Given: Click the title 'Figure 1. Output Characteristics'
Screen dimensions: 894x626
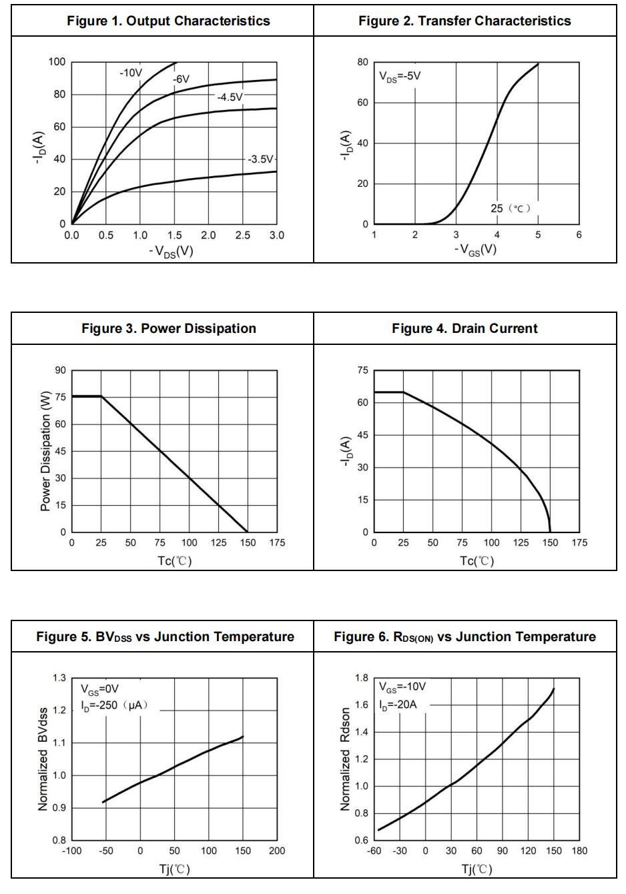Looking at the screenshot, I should (168, 21).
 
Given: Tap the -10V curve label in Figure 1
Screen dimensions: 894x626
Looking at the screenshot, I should (131, 72).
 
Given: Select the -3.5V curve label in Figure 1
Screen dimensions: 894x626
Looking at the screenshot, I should (260, 159).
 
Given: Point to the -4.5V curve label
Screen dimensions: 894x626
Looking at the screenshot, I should (230, 97).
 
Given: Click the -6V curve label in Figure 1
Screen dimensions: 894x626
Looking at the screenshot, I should (181, 79).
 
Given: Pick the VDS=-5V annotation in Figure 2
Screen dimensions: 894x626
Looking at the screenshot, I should (400, 76).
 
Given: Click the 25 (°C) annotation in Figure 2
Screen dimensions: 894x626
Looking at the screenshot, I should (511, 208).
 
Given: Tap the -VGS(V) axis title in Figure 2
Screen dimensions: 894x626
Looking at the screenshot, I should (475, 250).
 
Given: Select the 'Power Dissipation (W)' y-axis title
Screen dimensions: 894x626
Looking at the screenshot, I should (45, 451).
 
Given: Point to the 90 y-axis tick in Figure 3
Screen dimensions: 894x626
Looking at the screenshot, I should (61, 370).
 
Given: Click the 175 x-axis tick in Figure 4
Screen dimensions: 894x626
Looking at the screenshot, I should (579, 543).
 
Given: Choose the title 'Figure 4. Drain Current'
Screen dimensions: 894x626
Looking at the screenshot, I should (464, 328).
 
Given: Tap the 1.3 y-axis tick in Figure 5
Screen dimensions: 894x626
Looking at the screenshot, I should (59, 678).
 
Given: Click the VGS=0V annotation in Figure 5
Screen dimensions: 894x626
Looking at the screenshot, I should (100, 689).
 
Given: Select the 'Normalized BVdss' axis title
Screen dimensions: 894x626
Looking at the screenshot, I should (43, 760).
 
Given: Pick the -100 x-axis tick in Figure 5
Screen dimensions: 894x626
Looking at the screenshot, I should (71, 851).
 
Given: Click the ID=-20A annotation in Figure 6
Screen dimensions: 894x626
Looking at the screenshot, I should (398, 705).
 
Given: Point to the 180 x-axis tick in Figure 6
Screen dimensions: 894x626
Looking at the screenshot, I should (579, 851).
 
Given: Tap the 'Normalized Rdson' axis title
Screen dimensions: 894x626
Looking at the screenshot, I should (345, 760).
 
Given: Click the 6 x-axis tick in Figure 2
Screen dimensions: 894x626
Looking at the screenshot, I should (579, 235).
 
